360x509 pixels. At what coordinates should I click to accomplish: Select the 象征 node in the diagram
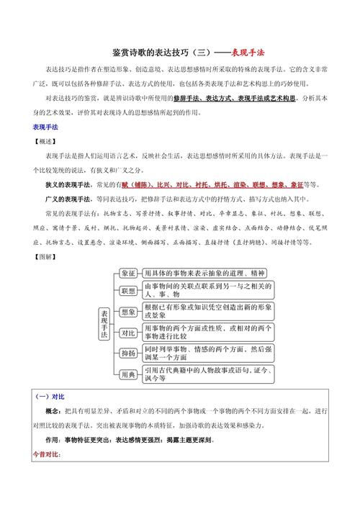(x=128, y=274)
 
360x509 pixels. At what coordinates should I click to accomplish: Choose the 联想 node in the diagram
(x=128, y=292)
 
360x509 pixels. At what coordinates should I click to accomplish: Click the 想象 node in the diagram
(x=128, y=312)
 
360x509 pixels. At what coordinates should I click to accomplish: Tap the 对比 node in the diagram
(x=128, y=333)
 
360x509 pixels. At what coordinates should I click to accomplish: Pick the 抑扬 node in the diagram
(x=128, y=353)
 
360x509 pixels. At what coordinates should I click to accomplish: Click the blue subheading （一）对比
(x=50, y=397)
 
